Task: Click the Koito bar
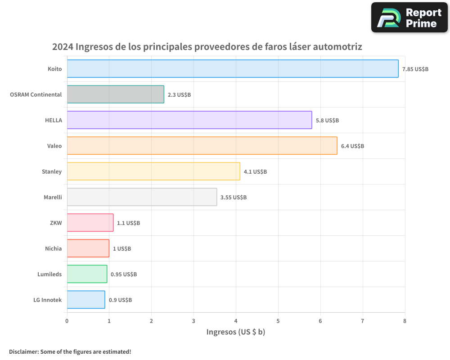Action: [x=233, y=69]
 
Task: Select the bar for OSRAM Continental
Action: [x=116, y=94]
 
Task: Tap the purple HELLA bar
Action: [x=189, y=120]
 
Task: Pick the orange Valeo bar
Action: [x=202, y=146]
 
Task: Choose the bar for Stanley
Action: [x=153, y=171]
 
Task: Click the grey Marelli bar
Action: [x=142, y=197]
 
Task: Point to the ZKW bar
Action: [x=90, y=223]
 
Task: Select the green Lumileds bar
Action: [x=87, y=274]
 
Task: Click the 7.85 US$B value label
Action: [x=415, y=69]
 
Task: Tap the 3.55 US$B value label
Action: [x=234, y=198]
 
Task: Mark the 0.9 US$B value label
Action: [x=120, y=300]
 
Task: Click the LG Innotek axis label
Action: [x=48, y=300]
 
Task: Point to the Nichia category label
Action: [x=54, y=248]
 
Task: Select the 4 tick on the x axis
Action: [x=236, y=321]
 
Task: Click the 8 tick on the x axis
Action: [x=405, y=321]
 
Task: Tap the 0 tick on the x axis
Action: [x=67, y=321]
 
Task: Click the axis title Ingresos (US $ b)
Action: [x=236, y=332]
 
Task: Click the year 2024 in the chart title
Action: [x=62, y=47]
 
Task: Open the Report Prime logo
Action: [x=409, y=18]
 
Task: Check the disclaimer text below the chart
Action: [x=70, y=351]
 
